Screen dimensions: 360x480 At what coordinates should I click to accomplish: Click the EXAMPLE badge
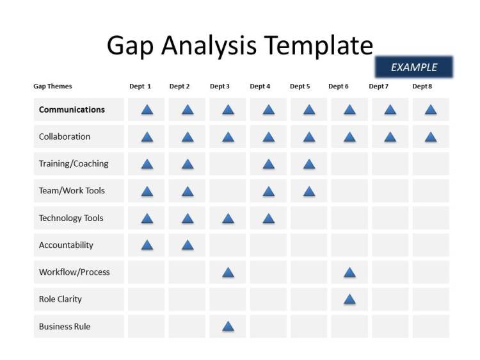(413, 67)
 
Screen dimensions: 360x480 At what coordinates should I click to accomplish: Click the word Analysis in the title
(209, 45)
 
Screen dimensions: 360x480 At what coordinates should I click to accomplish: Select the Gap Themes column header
(52, 86)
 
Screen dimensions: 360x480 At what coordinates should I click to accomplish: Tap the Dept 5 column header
(300, 86)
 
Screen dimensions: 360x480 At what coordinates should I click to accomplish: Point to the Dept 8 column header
(422, 86)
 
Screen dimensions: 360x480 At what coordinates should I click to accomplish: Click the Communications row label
(72, 110)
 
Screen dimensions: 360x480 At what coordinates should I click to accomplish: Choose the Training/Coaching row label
(74, 163)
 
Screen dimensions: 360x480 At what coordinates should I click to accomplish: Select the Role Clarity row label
(60, 299)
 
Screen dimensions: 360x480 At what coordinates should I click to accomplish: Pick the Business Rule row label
(65, 327)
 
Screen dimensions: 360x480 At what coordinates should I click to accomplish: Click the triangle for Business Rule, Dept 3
(228, 327)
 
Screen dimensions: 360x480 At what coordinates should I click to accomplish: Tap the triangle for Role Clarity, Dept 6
(349, 299)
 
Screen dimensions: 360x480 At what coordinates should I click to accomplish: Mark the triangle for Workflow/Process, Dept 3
(228, 272)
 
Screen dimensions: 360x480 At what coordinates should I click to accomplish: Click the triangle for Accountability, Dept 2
(188, 245)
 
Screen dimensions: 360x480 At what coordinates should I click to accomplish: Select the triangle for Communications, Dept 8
(431, 110)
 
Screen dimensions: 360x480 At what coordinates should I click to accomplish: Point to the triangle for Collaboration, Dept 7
(390, 136)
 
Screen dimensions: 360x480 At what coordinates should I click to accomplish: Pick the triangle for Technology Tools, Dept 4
(269, 218)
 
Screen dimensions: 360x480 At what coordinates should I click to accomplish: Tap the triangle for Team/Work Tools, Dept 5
(309, 191)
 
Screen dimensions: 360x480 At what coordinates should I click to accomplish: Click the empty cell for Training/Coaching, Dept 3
(228, 163)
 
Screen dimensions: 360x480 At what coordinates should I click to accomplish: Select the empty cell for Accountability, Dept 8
(431, 245)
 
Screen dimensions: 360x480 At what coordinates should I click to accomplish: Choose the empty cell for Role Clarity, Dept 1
(147, 299)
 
